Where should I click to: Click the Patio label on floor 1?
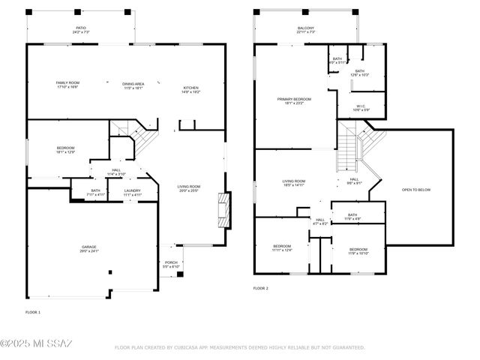81,31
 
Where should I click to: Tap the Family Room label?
67,84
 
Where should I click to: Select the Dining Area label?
133,84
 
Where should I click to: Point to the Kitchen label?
191,90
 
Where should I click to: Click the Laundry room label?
132,192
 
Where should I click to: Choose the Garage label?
89,248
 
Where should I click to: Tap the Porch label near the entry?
172,264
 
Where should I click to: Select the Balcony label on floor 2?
305,30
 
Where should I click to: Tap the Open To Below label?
416,190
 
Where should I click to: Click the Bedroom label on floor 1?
67,149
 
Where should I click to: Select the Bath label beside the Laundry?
96,192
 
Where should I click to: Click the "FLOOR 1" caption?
33,311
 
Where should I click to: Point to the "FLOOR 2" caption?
260,288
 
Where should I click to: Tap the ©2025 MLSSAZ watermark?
36,344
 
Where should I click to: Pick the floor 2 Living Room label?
293,182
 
